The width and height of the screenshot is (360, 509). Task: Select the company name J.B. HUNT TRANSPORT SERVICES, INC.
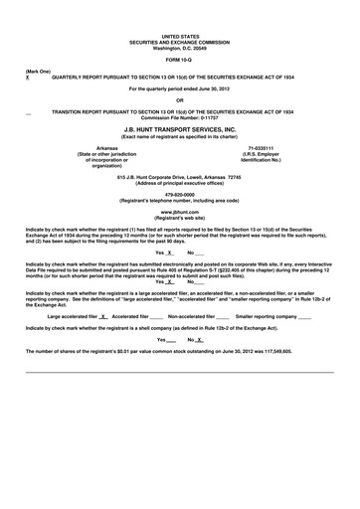click(180, 129)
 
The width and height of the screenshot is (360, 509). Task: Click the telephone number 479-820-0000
click(180, 195)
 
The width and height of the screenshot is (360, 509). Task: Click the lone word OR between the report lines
click(180, 99)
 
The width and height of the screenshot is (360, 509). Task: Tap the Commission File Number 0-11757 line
click(180, 117)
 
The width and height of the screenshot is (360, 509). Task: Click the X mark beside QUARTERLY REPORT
click(28, 78)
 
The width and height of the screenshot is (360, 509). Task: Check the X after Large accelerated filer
click(103, 316)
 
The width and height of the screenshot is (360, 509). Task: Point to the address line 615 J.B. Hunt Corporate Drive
click(180, 176)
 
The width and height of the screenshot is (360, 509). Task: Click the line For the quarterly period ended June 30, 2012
click(180, 88)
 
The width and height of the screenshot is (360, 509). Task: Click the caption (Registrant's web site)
click(180, 219)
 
